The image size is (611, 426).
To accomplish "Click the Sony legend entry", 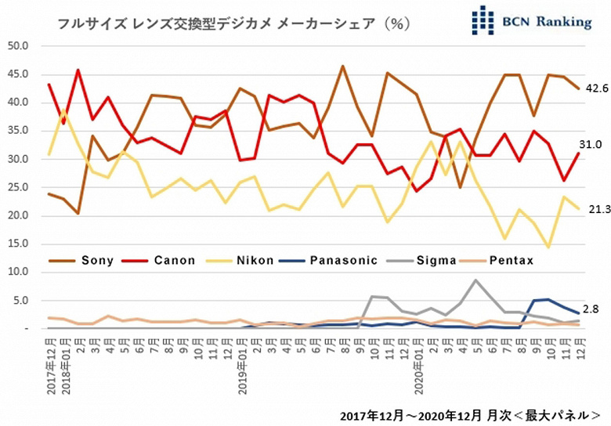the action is point(81,261).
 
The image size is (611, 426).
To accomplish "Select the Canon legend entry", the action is point(158,261).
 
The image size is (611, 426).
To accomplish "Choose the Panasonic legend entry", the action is point(329,261).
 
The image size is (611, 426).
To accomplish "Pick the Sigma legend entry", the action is point(421,261).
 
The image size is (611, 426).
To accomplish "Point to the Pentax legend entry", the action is point(497,261).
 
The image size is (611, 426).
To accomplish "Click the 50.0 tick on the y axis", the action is point(18,46).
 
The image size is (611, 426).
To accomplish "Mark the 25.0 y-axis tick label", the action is point(18,187).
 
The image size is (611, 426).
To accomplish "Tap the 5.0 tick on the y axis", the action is point(20,301).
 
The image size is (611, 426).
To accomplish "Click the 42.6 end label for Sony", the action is point(598,88).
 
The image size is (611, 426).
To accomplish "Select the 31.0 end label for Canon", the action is point(591,145).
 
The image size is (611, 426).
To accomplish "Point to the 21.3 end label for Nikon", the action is point(600,210).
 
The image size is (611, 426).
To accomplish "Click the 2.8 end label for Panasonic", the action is point(591,309).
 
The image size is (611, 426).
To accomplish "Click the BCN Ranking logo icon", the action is point(483,20).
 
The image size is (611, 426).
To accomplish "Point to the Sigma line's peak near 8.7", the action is point(475,280).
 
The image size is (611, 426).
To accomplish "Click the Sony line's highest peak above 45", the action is point(342,67).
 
